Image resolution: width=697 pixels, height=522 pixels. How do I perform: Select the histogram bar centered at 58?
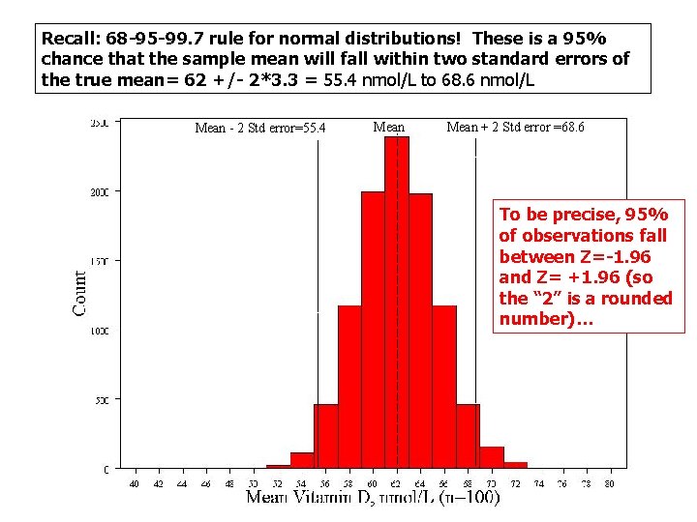[349, 387]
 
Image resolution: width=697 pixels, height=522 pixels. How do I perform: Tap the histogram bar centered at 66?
[444, 387]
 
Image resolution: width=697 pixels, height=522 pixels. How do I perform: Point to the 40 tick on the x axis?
[135, 482]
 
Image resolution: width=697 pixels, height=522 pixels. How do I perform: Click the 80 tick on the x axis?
[610, 482]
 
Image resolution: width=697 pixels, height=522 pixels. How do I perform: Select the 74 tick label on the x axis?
[539, 482]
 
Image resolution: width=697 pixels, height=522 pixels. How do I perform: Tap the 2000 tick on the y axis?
[100, 192]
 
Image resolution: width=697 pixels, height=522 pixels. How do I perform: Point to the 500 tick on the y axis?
[102, 399]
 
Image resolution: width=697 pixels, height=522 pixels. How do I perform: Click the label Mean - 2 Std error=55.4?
[260, 128]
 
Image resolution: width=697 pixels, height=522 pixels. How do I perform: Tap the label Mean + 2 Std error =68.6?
[515, 127]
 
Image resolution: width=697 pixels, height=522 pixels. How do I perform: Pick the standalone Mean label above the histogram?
[389, 127]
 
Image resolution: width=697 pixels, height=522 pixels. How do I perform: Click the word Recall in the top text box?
[65, 40]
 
